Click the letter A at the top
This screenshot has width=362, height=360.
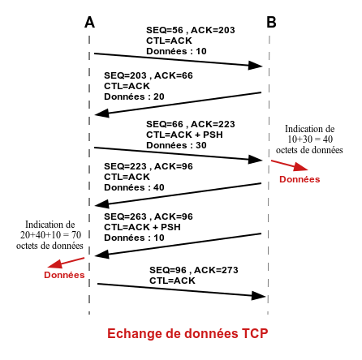(x=89, y=22)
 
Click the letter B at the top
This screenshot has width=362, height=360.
(x=271, y=22)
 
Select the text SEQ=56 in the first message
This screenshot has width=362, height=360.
(x=165, y=30)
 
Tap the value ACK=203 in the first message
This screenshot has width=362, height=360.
(x=213, y=30)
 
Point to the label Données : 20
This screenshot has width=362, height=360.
(x=134, y=96)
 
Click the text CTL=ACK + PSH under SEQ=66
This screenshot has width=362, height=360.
(x=184, y=135)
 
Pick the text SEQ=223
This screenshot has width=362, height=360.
(x=125, y=166)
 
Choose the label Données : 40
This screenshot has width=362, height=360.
(x=134, y=187)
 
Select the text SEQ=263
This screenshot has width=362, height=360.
(x=125, y=216)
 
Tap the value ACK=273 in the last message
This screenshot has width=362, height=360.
(x=216, y=270)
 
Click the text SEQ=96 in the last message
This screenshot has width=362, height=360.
(x=168, y=270)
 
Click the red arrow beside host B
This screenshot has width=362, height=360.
(x=290, y=165)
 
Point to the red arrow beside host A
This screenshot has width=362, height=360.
(x=66, y=263)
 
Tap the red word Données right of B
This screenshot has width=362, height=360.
(x=300, y=179)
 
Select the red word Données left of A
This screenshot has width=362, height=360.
(x=64, y=275)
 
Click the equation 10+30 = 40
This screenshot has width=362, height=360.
(x=310, y=139)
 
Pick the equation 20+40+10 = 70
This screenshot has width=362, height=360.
(x=50, y=235)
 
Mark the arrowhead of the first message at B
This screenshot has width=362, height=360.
(x=256, y=66)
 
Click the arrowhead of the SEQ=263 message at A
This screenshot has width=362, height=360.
(x=102, y=255)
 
